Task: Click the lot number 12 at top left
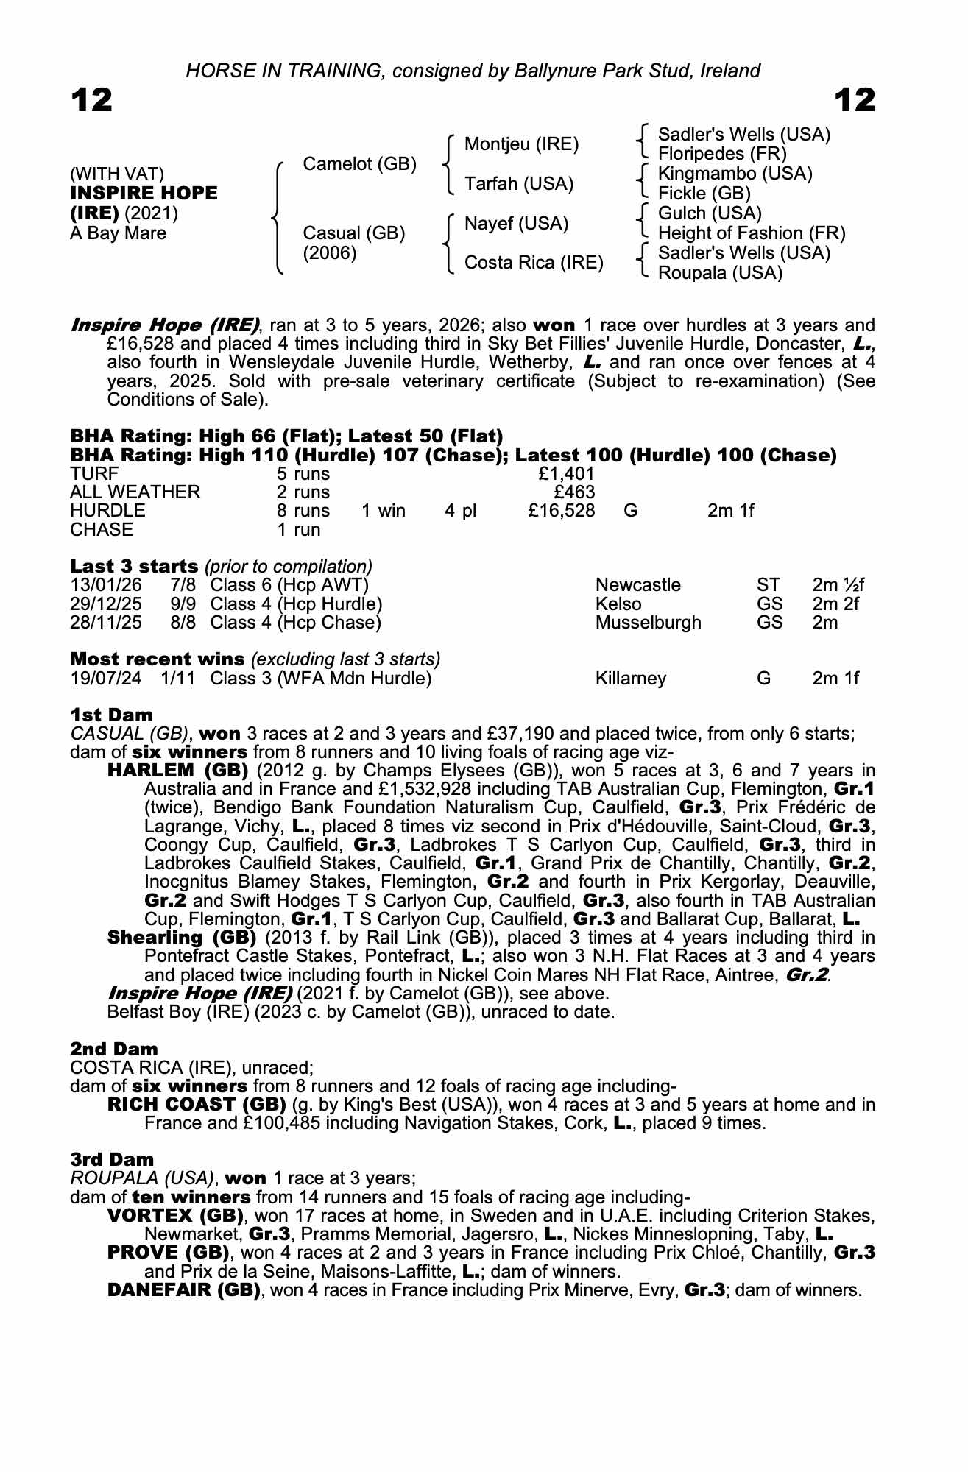point(92,100)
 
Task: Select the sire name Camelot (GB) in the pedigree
point(360,164)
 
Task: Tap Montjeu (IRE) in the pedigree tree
point(521,144)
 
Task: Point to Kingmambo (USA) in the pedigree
point(735,174)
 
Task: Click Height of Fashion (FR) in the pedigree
point(751,233)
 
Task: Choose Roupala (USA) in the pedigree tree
point(720,273)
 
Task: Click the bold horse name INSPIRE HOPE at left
point(144,194)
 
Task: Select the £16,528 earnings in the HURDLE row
point(561,511)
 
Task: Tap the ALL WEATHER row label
point(135,492)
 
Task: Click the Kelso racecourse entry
point(618,604)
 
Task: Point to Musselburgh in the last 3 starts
point(648,623)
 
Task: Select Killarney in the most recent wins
point(630,679)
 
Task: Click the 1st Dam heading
point(111,715)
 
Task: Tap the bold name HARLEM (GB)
point(177,771)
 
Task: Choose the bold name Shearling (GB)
point(181,938)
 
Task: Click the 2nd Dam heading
point(114,1049)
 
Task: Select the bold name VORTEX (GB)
point(175,1215)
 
